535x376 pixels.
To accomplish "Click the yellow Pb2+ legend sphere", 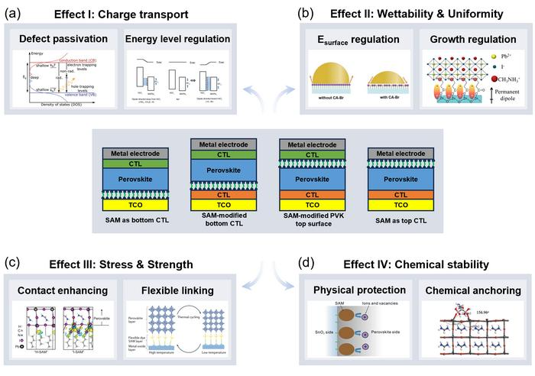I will [473, 56].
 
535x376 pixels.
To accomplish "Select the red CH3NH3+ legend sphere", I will [474, 79].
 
